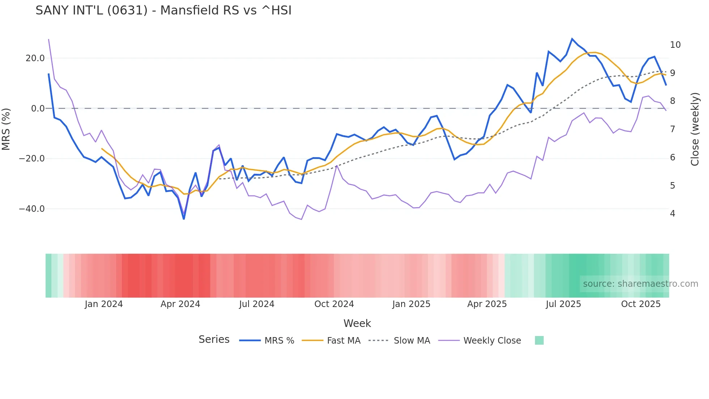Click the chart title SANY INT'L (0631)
(x=163, y=10)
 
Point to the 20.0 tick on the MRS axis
(x=35, y=58)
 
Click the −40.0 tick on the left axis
(x=32, y=209)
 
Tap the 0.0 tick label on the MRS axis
(x=38, y=109)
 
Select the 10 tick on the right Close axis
(x=675, y=45)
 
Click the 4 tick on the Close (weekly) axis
(x=672, y=214)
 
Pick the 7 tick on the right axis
(x=672, y=129)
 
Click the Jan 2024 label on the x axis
(x=104, y=304)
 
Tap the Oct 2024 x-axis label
(x=334, y=304)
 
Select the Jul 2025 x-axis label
(x=563, y=304)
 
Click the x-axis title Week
(x=357, y=323)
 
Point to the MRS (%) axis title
(x=6, y=129)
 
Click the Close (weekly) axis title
(x=695, y=129)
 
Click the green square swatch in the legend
(x=539, y=340)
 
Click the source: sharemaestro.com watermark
(x=640, y=284)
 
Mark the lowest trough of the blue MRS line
(x=184, y=219)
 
